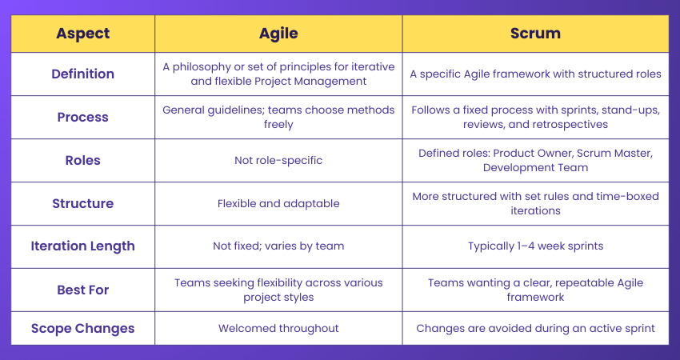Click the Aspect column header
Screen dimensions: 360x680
83,34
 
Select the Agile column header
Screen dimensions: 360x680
278,34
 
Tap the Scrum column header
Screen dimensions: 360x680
535,34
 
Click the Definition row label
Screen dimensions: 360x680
83,74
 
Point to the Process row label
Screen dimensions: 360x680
83,117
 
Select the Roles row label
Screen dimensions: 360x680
83,160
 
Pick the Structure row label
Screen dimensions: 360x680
83,203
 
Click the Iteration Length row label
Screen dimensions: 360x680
83,246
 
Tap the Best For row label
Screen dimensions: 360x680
83,290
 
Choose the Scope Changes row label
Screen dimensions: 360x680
83,328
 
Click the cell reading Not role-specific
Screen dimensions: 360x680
278,160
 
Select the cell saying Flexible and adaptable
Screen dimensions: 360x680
278,203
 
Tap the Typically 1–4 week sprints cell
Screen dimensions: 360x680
535,246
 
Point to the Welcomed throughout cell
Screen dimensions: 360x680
278,328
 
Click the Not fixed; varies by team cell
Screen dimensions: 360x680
278,246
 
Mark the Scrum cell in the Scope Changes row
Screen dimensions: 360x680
535,328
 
